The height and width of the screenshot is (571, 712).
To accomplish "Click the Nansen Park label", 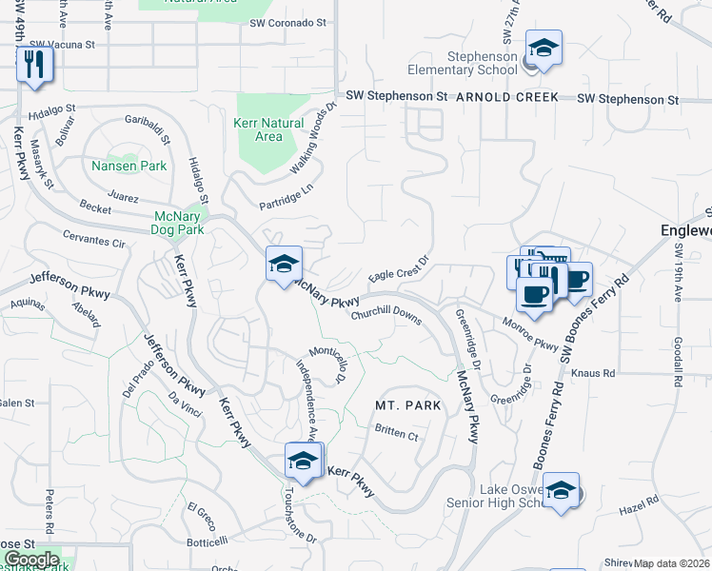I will [129, 166].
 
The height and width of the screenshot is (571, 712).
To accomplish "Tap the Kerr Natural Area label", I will [268, 130].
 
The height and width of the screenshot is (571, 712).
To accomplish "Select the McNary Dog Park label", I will [179, 223].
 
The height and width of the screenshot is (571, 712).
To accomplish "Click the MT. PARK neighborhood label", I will [407, 405].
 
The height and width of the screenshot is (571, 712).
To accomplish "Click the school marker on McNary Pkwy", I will [284, 264].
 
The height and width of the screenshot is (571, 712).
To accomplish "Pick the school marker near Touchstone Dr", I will [304, 461].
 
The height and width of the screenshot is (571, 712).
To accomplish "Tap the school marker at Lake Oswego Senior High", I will [562, 490].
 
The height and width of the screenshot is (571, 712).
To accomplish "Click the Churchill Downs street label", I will [386, 315].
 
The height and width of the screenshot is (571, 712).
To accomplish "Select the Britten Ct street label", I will [397, 435].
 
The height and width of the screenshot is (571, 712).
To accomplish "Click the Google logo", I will [30, 560].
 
